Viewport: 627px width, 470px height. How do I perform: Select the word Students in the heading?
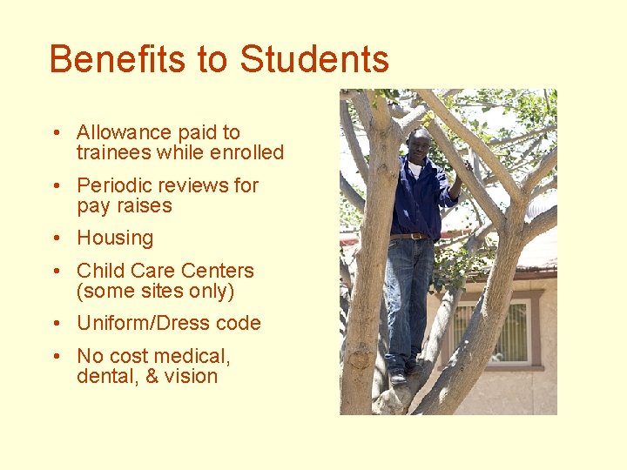(314, 59)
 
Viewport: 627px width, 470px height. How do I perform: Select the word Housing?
(115, 238)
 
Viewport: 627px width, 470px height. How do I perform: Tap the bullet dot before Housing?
(55, 238)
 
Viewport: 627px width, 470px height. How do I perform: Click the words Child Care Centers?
(165, 271)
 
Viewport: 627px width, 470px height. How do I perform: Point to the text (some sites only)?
(156, 291)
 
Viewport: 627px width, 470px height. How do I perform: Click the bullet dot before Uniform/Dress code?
(55, 324)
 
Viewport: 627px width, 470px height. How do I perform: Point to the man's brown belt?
(408, 236)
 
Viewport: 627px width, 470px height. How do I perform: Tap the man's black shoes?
(400, 377)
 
